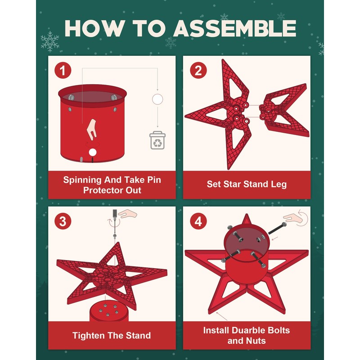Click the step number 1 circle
pos(63,70)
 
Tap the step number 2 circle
pos(198,70)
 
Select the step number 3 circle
pos(63,221)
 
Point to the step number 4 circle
pos(198,221)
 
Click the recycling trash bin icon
pos(157,140)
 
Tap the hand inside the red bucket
pos(92,129)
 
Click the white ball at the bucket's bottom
pos(93,152)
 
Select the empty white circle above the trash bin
pos(157,99)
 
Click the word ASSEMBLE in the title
pos(234,28)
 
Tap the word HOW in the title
pos(95,28)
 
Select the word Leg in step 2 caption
pos(279,184)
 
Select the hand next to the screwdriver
pos(127,214)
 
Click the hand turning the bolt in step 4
pos(293,218)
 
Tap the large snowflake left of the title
pos(50,41)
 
